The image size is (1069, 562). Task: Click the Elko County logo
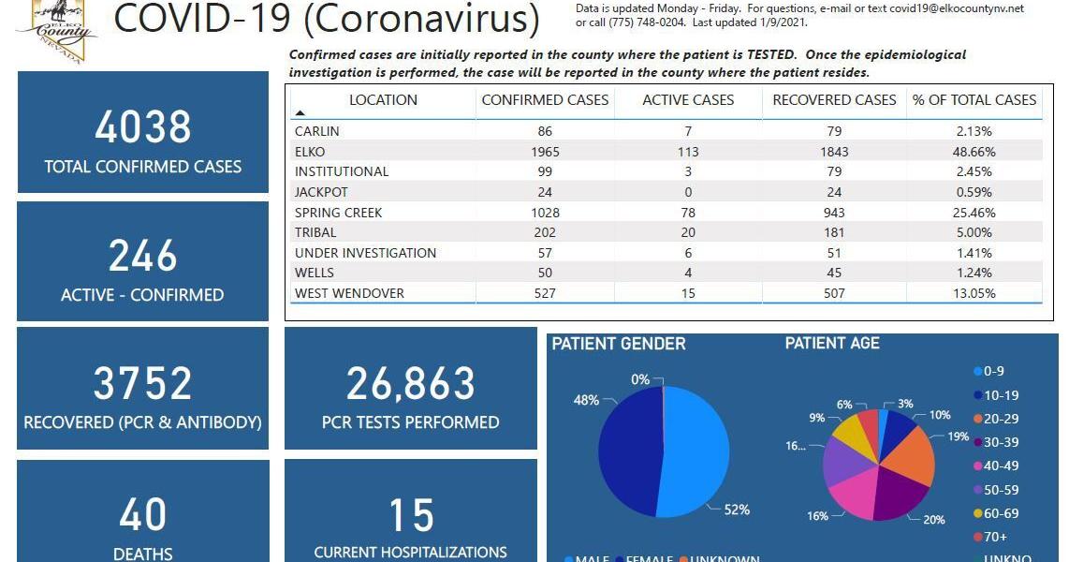click(x=57, y=30)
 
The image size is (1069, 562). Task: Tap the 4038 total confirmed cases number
click(x=143, y=127)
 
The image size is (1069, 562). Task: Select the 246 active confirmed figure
click(x=143, y=256)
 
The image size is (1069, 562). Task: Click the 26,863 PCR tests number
click(x=410, y=384)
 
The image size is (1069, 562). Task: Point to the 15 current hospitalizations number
click(x=410, y=515)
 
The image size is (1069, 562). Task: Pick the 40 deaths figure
click(x=143, y=515)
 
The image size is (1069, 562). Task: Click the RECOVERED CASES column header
click(x=833, y=100)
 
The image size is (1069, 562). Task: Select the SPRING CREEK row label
click(x=338, y=213)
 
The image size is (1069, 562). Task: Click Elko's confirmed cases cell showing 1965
click(x=545, y=152)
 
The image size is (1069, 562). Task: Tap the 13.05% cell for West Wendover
click(x=974, y=293)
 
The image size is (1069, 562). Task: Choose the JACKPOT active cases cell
click(x=688, y=192)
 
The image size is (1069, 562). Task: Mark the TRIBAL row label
click(x=315, y=233)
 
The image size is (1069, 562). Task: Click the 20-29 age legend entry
click(x=999, y=419)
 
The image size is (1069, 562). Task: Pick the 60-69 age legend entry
click(x=999, y=513)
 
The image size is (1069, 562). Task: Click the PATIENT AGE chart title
click(x=832, y=344)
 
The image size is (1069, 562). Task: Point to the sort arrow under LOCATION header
click(x=300, y=112)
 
